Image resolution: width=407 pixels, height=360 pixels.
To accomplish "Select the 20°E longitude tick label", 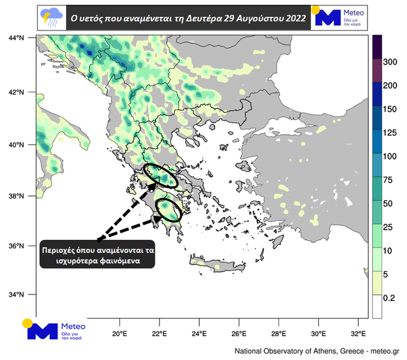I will tap(120, 332).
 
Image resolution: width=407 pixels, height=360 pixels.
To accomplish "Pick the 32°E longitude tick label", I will tap(358, 332).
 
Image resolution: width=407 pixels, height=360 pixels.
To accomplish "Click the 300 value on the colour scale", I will tap(390, 63).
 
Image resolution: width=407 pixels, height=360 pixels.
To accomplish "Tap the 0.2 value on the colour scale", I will tap(389, 298).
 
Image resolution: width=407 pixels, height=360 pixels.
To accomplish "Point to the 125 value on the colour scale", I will tap(390, 133).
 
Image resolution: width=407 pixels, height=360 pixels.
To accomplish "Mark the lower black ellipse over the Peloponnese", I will tap(168, 209).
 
